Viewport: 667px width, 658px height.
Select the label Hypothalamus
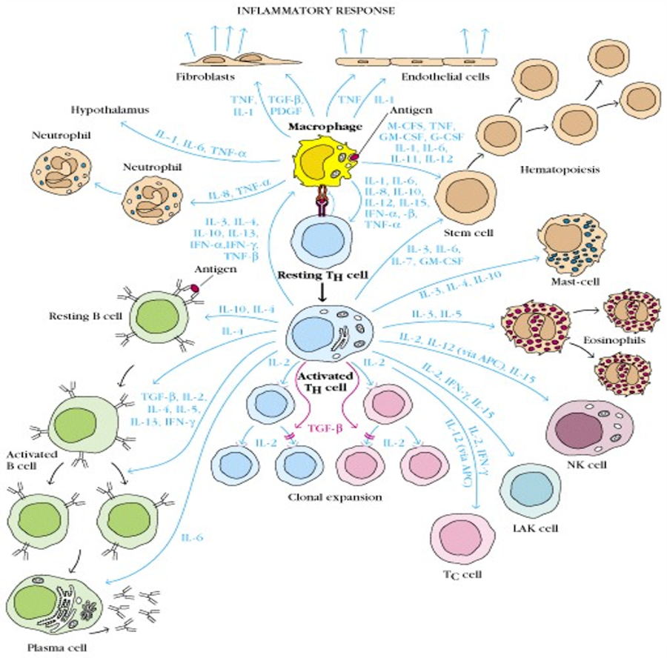[110, 110]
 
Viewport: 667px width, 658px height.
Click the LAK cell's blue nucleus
[530, 491]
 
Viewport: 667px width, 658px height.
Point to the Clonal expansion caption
[334, 497]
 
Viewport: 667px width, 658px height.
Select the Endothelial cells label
[440, 76]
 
